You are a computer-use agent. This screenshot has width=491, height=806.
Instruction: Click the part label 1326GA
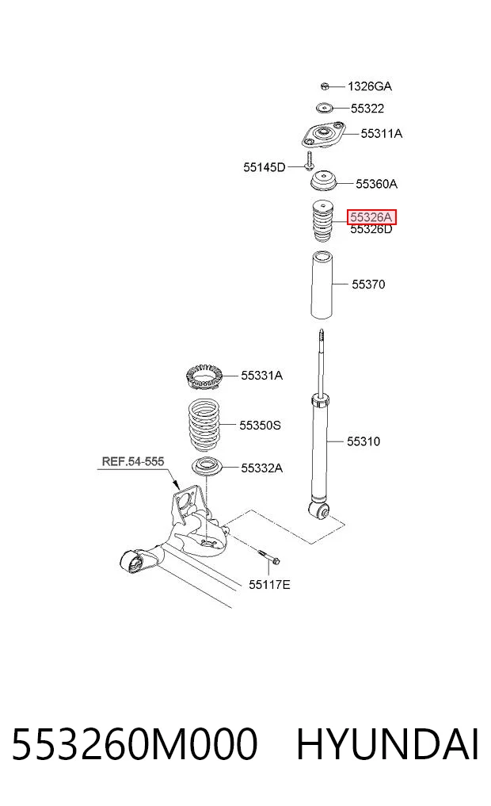(369, 86)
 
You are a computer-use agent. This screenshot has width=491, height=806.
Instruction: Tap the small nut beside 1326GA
(325, 86)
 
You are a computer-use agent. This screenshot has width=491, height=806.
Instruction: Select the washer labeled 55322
(324, 108)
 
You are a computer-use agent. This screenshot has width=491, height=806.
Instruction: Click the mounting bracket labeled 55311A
(323, 135)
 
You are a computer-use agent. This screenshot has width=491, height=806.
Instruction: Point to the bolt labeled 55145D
(309, 161)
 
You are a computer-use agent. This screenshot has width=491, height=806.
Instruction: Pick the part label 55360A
(376, 184)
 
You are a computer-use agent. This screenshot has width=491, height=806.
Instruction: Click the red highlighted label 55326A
(372, 217)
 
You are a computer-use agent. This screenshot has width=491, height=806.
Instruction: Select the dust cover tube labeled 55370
(322, 285)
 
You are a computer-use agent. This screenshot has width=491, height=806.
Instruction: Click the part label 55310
(363, 441)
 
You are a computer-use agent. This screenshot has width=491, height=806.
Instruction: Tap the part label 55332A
(262, 468)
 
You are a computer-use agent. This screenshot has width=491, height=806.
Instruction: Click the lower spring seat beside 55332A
(207, 468)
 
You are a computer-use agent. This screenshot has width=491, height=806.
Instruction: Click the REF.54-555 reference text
(133, 461)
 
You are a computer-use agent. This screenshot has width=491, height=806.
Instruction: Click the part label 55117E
(269, 584)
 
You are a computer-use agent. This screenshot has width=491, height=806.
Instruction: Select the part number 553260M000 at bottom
(135, 744)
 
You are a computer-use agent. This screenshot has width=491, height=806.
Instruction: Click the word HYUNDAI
(388, 744)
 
